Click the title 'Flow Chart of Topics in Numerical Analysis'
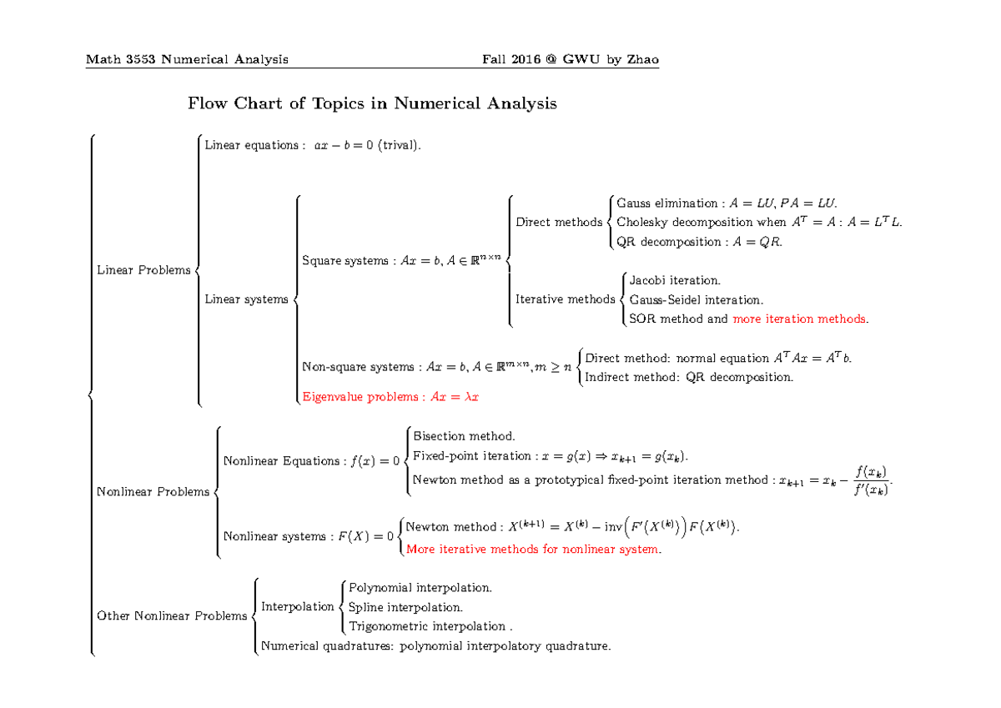372,104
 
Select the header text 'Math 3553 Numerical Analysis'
188,59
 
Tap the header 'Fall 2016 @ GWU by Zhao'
565,59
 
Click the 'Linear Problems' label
143,270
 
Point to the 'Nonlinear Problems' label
153,492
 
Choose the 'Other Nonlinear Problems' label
172,616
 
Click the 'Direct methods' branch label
559,223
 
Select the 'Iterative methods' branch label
565,299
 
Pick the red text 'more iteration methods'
798,319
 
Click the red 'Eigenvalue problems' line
390,397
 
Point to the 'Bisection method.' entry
465,436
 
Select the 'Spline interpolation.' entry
405,607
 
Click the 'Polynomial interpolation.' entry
420,588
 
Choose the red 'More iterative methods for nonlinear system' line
532,550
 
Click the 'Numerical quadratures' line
436,645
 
